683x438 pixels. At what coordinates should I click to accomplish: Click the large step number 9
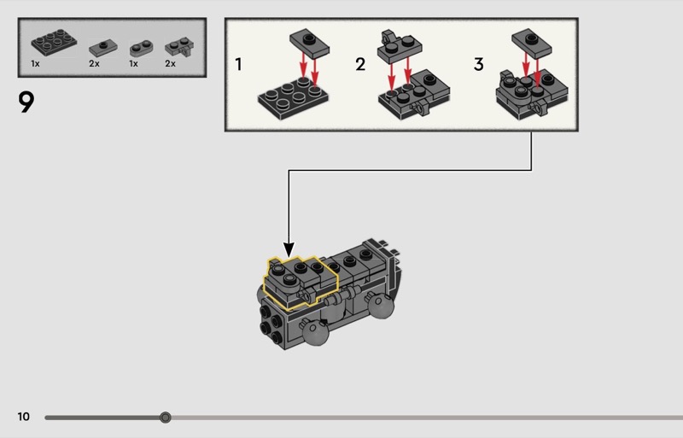tap(26, 102)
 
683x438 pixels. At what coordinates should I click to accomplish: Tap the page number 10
tap(23, 417)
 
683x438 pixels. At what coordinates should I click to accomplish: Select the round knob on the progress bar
tap(166, 418)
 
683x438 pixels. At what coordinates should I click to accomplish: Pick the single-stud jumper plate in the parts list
tap(102, 45)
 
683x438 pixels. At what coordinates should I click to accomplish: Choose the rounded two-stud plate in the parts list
tap(140, 47)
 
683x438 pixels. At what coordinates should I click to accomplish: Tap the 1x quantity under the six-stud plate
tap(36, 64)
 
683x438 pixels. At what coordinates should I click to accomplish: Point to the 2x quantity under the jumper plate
tap(94, 64)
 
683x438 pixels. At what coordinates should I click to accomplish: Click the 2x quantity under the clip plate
tap(170, 64)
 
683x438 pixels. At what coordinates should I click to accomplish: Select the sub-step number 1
tap(239, 64)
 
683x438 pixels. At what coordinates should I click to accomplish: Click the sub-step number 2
tap(360, 64)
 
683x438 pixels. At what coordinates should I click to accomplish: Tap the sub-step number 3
tap(478, 64)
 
